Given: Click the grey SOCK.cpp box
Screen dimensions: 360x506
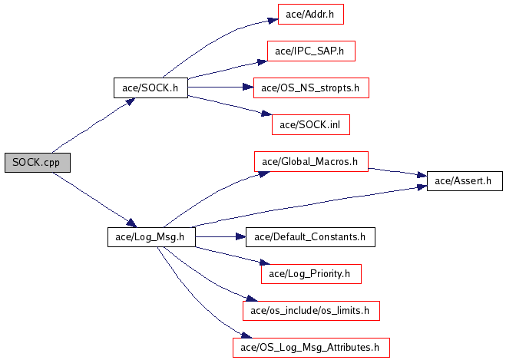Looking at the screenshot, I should pos(37,162).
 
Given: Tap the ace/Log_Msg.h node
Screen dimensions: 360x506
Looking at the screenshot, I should pos(150,236).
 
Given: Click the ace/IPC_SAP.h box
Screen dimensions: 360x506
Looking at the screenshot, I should pos(311,51).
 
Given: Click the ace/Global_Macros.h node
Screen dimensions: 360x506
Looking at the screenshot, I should pos(311,162).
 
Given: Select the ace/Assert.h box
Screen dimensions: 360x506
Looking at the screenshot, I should pos(464,181).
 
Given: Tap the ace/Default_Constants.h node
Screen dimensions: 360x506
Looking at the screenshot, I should pos(311,236).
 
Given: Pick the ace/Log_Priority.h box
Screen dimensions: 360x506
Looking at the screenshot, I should pos(311,273).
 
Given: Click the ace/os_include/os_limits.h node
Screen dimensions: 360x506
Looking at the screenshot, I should pos(311,310).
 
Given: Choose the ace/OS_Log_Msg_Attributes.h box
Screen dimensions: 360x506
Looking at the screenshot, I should pos(311,347).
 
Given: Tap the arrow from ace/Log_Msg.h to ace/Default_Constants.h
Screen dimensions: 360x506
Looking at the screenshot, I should pos(220,236).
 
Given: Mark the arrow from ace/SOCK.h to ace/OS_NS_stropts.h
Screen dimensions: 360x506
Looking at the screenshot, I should pos(220,88).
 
